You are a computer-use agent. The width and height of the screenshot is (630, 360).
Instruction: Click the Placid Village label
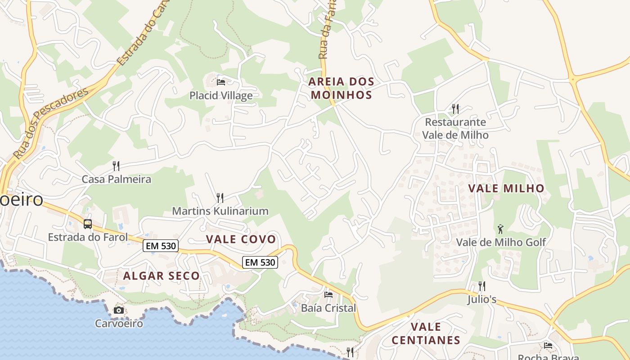220,95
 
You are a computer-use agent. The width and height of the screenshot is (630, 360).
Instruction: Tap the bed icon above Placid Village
221,82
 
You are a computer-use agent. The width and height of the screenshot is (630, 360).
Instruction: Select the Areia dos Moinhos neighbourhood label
341,88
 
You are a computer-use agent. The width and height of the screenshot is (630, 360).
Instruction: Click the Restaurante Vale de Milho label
455,128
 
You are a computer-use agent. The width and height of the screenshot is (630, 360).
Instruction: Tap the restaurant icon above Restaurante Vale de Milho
455,108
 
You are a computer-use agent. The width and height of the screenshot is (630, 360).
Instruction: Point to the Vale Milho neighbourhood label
506,188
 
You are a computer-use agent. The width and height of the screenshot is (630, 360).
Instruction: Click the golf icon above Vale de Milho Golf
500,229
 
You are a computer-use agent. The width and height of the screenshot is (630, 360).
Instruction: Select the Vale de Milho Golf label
501,242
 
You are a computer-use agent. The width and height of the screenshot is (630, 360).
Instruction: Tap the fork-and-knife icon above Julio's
481,286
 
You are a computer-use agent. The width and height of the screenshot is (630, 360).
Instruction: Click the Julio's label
481,299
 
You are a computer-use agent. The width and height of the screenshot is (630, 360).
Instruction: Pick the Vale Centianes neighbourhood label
426,333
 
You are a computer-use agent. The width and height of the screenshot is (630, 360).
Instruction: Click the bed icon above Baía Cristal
328,295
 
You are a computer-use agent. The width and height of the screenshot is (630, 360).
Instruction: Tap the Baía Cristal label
328,308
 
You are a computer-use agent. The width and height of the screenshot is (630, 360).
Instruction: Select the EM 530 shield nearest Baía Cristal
260,262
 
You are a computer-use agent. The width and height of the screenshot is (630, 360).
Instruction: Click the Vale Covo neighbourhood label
241,239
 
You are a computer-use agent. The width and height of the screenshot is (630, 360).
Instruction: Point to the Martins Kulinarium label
220,211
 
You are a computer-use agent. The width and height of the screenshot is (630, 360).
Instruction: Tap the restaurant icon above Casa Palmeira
116,166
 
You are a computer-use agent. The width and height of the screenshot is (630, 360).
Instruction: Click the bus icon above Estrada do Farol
88,224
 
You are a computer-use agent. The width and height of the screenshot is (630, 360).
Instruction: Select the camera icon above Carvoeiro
119,310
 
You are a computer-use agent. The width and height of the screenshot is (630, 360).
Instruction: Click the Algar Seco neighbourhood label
161,276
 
